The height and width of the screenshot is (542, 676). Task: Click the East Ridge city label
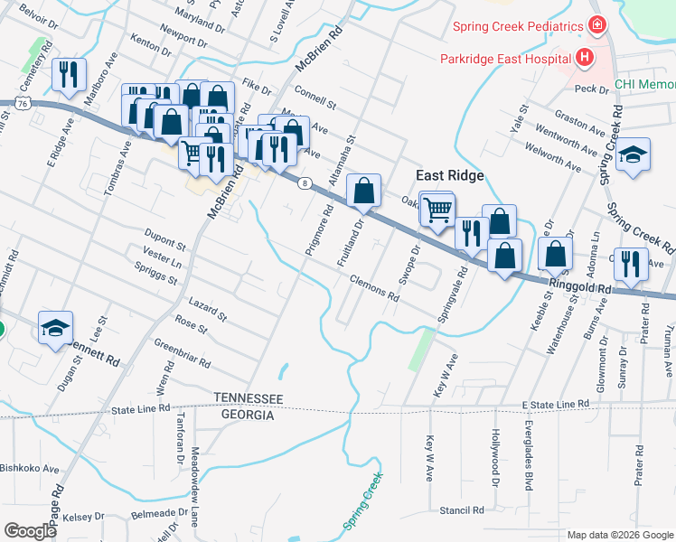[x=450, y=175]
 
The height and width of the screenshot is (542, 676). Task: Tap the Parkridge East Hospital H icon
[x=585, y=59]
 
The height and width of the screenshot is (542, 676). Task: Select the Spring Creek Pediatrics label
[x=518, y=25]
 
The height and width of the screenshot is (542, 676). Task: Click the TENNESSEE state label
[x=249, y=399]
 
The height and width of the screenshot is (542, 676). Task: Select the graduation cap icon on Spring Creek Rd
[x=633, y=154]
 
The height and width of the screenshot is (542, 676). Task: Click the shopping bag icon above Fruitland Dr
[x=363, y=190]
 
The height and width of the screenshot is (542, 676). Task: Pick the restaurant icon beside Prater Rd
[x=630, y=264]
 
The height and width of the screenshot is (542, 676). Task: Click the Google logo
[x=30, y=531]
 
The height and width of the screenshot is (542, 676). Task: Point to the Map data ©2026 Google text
[x=619, y=535]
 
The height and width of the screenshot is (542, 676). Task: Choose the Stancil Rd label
[x=465, y=510]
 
